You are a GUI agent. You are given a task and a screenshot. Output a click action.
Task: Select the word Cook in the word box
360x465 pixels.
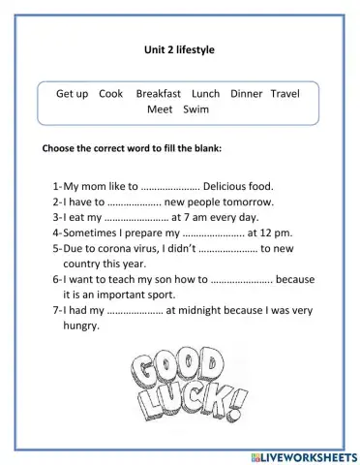point(111,94)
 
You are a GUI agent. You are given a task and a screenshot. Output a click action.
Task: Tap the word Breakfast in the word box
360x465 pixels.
point(159,94)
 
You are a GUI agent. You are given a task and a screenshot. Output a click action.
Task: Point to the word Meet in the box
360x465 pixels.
point(160,109)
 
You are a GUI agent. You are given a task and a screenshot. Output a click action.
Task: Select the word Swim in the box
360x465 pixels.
point(195,109)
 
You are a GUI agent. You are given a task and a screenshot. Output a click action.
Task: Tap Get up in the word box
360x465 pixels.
point(73,94)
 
